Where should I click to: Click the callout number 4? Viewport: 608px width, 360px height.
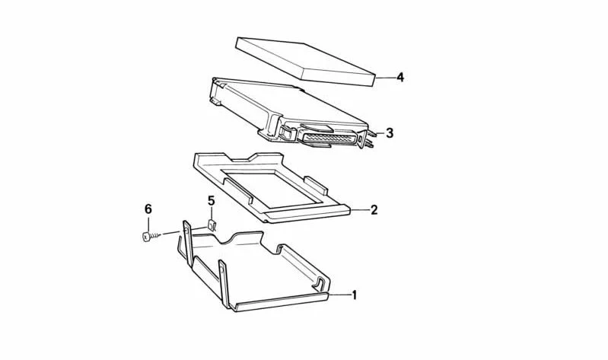399,77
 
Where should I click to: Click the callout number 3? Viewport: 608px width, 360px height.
390,133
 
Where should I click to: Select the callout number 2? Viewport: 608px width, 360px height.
374,210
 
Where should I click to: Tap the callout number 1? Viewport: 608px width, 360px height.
354,295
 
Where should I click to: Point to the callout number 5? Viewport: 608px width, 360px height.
211,201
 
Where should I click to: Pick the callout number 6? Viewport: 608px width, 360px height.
148,209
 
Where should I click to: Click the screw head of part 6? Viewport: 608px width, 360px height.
146,236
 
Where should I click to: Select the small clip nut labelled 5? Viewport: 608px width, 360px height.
212,225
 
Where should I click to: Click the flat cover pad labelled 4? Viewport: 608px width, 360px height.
306,62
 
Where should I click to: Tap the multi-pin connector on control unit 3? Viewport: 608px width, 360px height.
329,139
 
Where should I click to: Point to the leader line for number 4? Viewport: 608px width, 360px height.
386,78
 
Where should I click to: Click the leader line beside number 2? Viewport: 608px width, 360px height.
360,210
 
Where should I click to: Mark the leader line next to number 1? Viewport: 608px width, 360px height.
339,295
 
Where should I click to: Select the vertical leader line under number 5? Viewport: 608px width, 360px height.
212,213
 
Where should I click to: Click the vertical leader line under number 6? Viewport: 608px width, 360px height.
148,224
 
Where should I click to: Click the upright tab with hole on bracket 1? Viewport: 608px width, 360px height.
187,244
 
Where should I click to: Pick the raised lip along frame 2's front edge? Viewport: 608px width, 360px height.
308,213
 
